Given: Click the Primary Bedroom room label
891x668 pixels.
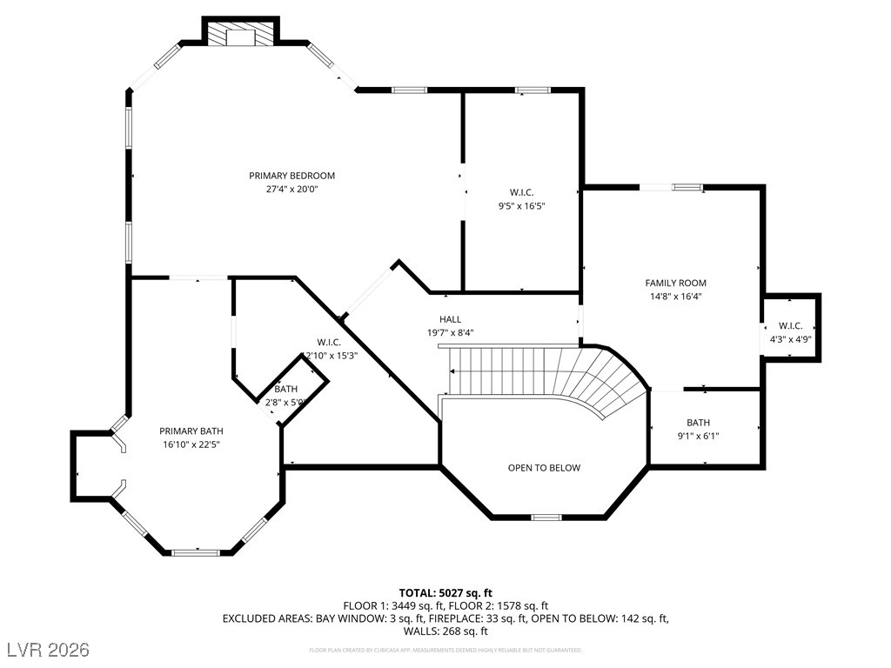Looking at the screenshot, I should point(291,176).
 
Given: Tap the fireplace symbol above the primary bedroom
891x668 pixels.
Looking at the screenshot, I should point(240,37).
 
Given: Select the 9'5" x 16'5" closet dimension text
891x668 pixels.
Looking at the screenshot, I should point(520,206).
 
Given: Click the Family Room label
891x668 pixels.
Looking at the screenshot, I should point(675,283).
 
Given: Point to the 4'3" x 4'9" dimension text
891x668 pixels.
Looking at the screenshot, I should point(789,339).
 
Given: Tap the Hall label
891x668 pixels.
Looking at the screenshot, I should point(450,319).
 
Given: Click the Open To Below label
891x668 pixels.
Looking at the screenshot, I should point(544,468).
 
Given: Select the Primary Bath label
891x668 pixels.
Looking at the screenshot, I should point(191,431).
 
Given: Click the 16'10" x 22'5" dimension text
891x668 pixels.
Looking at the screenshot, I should point(191,444).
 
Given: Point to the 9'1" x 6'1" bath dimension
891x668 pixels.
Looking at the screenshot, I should point(698,436).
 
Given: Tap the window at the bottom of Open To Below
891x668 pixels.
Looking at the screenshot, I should point(546,518).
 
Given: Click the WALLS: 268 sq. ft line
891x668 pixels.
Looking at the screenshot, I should point(445,631).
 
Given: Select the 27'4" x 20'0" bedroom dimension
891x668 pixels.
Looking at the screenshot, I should point(291,189).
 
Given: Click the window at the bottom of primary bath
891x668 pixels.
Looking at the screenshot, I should point(196,551).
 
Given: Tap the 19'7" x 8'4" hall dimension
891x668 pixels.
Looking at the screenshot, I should point(450,332).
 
